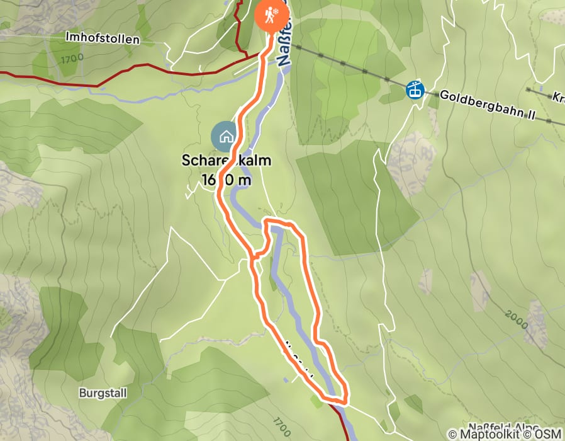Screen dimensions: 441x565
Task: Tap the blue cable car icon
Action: [415, 89]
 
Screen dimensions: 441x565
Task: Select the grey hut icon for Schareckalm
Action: [225, 135]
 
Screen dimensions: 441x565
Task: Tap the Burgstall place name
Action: [103, 393]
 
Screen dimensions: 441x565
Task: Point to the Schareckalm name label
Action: [227, 161]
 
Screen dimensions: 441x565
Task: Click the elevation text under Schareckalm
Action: [227, 180]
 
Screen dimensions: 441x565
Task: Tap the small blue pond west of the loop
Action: [272, 281]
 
